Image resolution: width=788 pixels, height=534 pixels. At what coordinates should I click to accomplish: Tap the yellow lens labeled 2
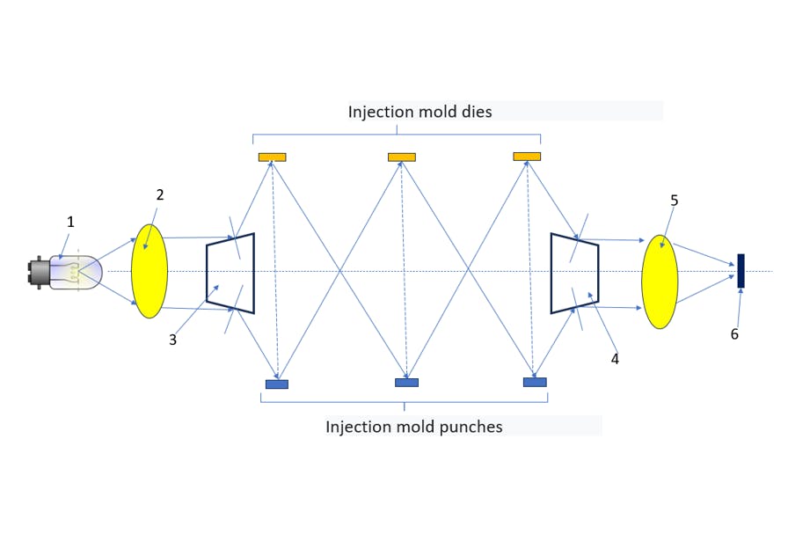tap(150, 271)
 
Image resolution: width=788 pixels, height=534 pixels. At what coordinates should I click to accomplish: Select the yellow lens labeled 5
tap(660, 282)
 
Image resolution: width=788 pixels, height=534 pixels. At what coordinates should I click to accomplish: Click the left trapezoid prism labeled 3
tap(230, 273)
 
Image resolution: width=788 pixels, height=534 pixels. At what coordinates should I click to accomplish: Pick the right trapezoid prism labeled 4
tap(575, 273)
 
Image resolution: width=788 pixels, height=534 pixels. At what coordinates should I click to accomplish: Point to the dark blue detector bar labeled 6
tap(741, 271)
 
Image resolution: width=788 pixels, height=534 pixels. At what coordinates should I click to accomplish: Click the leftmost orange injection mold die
tap(272, 157)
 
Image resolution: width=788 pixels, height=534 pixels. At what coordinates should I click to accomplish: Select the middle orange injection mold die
tap(402, 157)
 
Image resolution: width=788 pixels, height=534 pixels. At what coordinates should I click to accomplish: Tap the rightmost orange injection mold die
tap(527, 157)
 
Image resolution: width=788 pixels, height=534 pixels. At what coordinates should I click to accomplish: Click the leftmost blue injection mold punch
tap(277, 384)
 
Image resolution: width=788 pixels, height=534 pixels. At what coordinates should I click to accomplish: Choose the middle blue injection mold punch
tap(406, 383)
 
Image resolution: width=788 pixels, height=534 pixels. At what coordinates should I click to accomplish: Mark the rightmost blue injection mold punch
tap(535, 382)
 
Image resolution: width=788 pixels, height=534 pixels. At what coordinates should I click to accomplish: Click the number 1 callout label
tap(70, 223)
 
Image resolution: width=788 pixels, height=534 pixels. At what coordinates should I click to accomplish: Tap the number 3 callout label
tap(172, 340)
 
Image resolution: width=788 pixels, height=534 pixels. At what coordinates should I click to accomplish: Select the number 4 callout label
tap(615, 358)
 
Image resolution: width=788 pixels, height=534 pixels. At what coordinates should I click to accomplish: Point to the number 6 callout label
tap(734, 334)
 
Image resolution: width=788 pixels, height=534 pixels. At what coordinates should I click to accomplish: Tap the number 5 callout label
tap(674, 201)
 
